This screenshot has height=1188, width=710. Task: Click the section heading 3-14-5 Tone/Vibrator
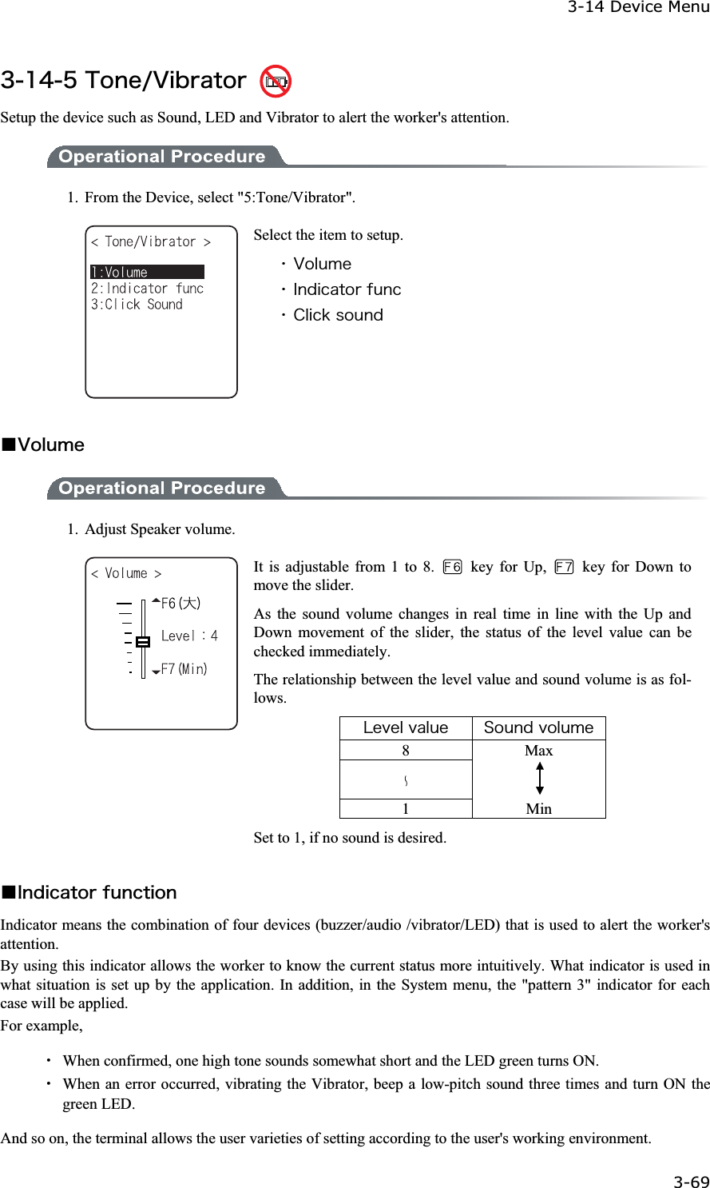tap(124, 81)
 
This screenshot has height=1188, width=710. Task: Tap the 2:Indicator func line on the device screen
tap(147, 289)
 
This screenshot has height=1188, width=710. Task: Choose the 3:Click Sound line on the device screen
tap(137, 305)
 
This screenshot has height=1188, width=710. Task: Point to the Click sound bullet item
tap(337, 315)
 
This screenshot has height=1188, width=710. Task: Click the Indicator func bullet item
tap(347, 289)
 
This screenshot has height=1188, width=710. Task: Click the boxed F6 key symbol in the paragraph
tap(452, 567)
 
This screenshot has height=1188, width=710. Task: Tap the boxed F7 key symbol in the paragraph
tap(564, 567)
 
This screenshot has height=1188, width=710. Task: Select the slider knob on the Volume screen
tap(143, 641)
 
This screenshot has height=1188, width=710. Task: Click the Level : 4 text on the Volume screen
tap(189, 636)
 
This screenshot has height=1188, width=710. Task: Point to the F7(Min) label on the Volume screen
tap(184, 669)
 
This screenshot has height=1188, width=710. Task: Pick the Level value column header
tap(406, 728)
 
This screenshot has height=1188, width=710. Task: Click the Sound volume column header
tap(538, 728)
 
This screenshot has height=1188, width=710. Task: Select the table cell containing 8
tap(406, 750)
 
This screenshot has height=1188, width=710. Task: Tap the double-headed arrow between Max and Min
tap(540, 779)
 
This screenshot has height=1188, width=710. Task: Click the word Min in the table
tap(539, 808)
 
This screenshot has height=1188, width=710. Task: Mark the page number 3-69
tap(691, 1182)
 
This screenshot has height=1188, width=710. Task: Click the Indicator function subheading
tap(96, 892)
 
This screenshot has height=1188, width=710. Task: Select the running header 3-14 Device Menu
tap(637, 7)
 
